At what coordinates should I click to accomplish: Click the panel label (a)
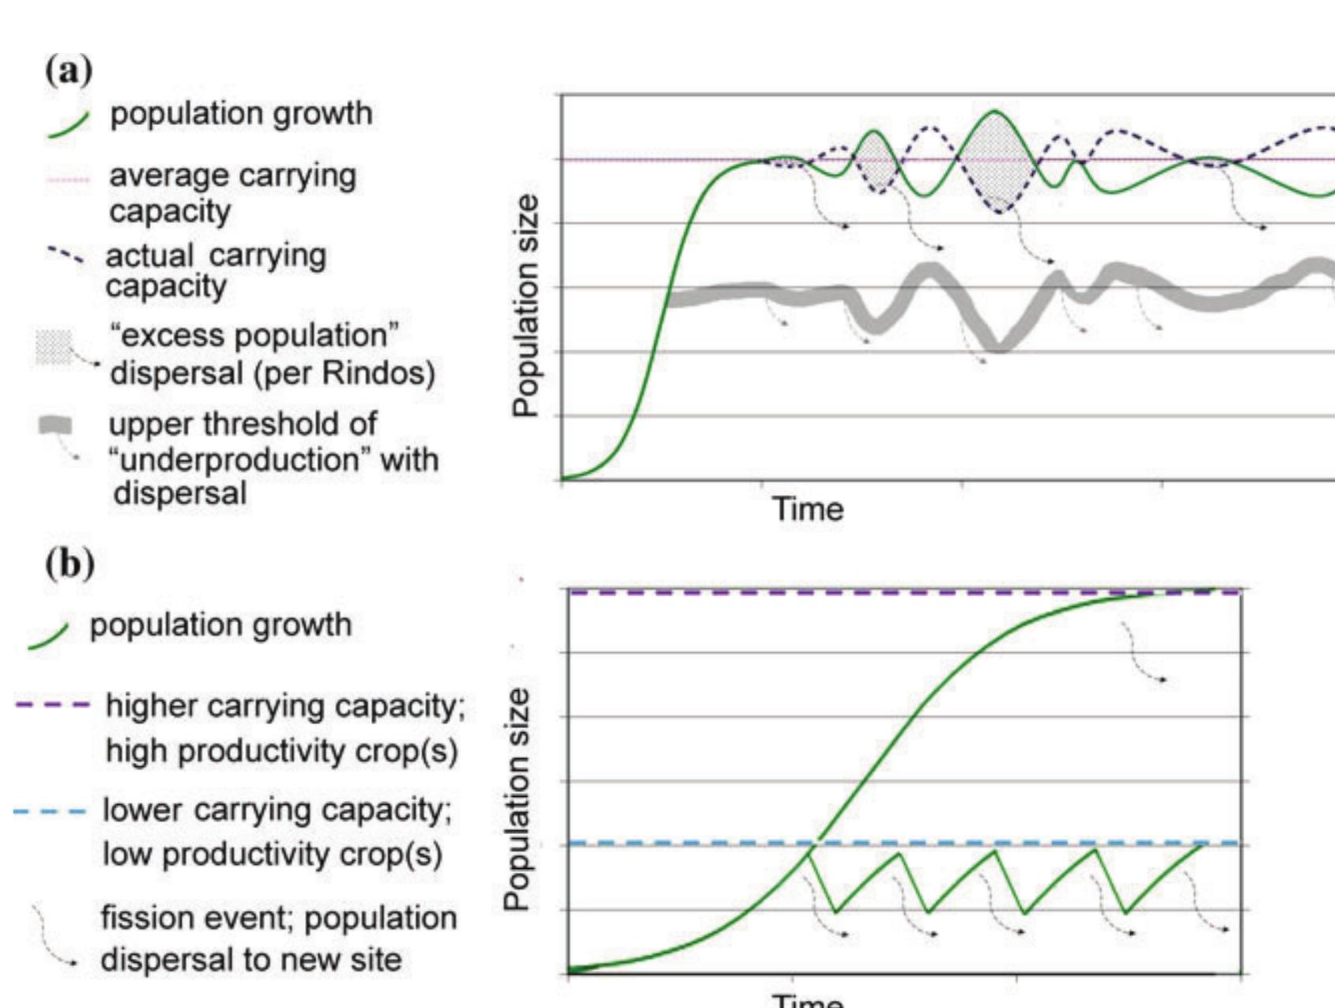[x=69, y=71]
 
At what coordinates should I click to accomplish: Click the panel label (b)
[x=70, y=564]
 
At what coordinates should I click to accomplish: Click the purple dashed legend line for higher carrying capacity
[x=52, y=704]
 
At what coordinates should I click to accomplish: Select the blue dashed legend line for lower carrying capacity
[x=49, y=811]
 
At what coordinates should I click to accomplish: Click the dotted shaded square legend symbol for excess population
[x=54, y=347]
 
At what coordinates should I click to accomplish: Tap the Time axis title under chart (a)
[x=807, y=508]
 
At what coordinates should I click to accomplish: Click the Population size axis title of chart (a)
[x=524, y=305]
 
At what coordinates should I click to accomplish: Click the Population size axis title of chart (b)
[x=517, y=798]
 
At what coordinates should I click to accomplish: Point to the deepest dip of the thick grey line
[x=998, y=345]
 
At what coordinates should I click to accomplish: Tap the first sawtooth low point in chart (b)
[x=835, y=912]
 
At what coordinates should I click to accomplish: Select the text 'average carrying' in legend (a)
[x=232, y=176]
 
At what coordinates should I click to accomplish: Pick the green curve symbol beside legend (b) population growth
[x=49, y=636]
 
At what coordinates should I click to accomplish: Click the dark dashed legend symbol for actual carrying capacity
[x=66, y=255]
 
